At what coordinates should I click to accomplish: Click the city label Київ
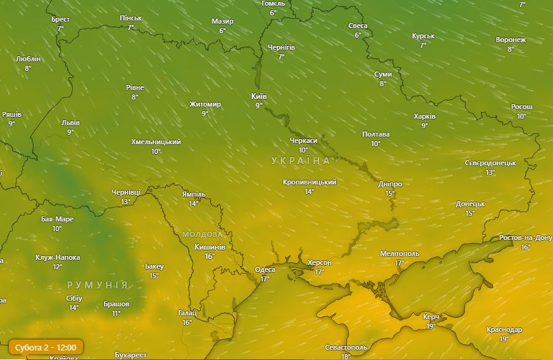259,96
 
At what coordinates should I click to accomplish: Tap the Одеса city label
265,269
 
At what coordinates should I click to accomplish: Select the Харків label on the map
424,117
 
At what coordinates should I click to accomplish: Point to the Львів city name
70,123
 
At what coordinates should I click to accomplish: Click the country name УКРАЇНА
301,160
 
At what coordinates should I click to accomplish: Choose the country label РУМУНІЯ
98,285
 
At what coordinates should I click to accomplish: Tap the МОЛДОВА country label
203,234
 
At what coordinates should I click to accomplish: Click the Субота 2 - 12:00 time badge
46,348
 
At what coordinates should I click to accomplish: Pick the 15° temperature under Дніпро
390,193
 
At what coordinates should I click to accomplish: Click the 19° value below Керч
431,326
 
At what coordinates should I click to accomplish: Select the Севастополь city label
346,347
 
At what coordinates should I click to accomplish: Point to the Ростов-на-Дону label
526,237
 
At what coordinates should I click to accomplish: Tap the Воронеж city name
510,40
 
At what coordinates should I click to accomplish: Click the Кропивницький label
309,182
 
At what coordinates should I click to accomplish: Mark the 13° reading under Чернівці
126,202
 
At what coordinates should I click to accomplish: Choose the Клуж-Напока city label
57,257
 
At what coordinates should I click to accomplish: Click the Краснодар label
504,329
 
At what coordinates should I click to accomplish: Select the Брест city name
61,19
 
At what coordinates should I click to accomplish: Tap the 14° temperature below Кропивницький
309,191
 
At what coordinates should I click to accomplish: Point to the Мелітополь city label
399,253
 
